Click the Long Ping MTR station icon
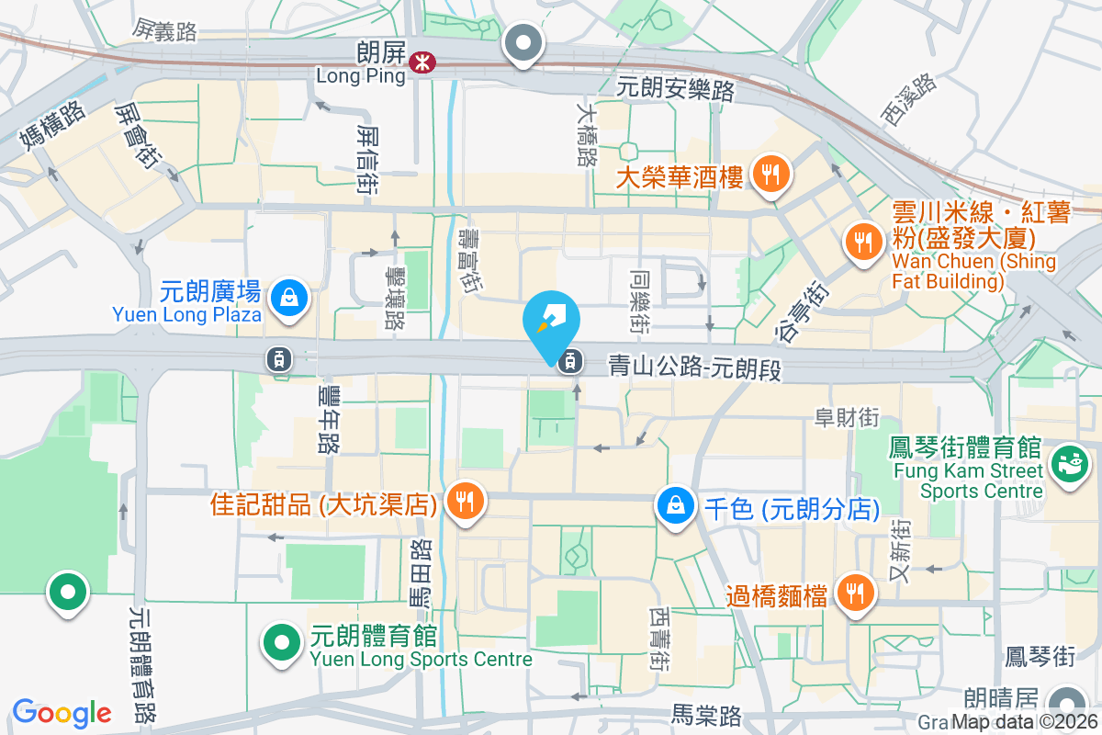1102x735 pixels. click(x=424, y=62)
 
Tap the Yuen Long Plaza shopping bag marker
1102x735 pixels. click(x=289, y=299)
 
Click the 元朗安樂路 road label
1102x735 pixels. click(x=676, y=89)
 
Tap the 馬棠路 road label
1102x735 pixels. click(x=706, y=715)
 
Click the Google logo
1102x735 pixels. click(x=62, y=713)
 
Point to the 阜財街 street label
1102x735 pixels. click(x=847, y=418)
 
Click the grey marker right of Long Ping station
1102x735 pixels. click(x=523, y=42)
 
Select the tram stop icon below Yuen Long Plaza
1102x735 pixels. click(x=277, y=358)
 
